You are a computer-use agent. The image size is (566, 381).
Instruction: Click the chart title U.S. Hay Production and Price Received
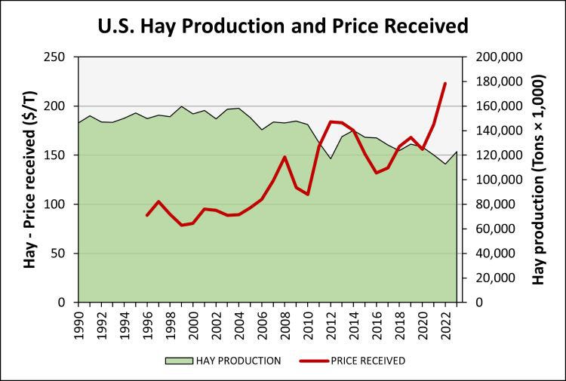(283, 25)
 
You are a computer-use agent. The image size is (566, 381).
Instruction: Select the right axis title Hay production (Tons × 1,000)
(539, 180)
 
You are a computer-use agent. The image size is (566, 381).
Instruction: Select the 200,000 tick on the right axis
(494, 57)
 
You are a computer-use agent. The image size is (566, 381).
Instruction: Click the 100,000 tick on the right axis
(494, 180)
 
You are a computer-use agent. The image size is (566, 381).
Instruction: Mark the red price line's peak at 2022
(445, 83)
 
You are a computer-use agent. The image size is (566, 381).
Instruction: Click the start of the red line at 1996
(147, 216)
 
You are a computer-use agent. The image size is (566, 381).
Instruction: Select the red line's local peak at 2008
(285, 157)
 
